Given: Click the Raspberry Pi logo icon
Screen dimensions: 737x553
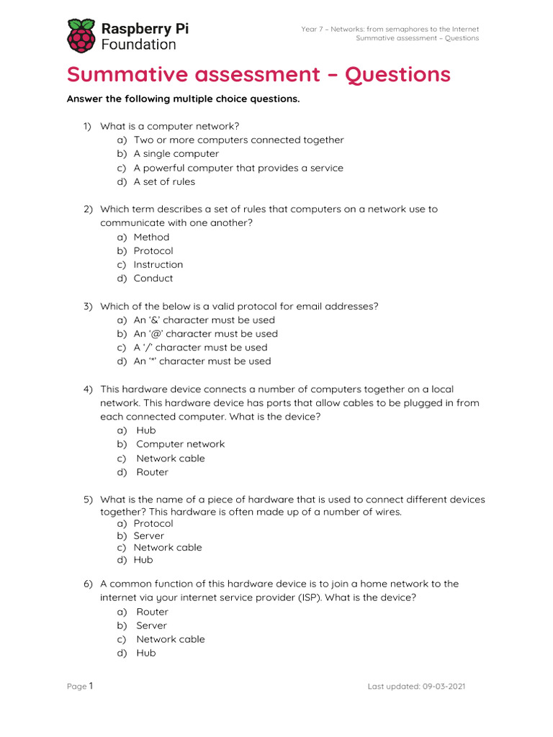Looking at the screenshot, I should (x=81, y=35).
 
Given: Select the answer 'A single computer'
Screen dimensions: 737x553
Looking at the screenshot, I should (x=176, y=153).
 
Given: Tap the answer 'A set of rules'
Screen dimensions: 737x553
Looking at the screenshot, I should (x=164, y=181).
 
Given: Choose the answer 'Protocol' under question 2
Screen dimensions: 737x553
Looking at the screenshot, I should (x=153, y=250).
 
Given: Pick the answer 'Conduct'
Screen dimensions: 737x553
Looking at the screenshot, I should (x=153, y=278).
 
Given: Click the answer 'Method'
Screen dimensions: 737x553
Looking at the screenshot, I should (x=151, y=237).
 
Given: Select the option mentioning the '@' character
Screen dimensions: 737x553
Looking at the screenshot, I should (x=205, y=333).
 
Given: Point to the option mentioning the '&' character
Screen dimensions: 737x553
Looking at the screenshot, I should (x=204, y=320).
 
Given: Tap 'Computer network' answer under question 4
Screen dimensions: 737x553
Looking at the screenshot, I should (x=180, y=444).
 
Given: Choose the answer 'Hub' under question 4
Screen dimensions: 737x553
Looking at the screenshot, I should (x=145, y=430).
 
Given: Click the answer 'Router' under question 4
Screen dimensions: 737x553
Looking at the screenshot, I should (x=152, y=472).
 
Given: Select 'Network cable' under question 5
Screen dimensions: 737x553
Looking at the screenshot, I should (x=168, y=547).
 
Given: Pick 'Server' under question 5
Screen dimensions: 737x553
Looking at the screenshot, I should (x=148, y=535).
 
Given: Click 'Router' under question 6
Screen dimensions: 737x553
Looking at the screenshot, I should (x=152, y=612).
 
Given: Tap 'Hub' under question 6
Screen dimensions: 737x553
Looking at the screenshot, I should (x=145, y=653).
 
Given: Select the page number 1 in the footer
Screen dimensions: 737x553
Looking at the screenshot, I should (x=91, y=686).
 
